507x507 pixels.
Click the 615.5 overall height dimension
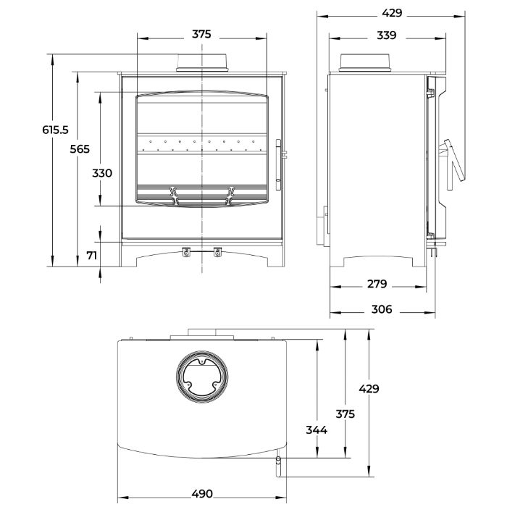pos(55,130)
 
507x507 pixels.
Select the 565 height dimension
pos(80,149)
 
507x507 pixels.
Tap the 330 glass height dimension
pos(102,173)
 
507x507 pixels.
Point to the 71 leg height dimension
pos(92,256)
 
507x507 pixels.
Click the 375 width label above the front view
pos(201,34)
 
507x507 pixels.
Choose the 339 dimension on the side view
pos(386,35)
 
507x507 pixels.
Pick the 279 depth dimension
pos(377,284)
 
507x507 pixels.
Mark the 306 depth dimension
pos(382,309)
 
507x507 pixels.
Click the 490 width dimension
pos(202,494)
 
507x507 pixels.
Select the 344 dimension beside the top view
pos(317,430)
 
